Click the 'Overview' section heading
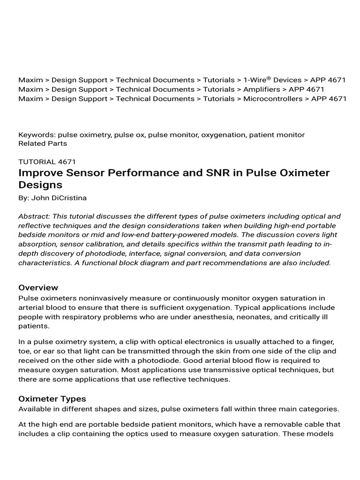point(38,287)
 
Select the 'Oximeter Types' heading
point(52,399)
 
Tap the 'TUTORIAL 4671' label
point(47,162)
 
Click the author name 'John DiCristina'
point(59,198)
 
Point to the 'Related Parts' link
point(43,143)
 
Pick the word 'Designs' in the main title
point(41,185)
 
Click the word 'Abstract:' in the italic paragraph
point(34,216)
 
